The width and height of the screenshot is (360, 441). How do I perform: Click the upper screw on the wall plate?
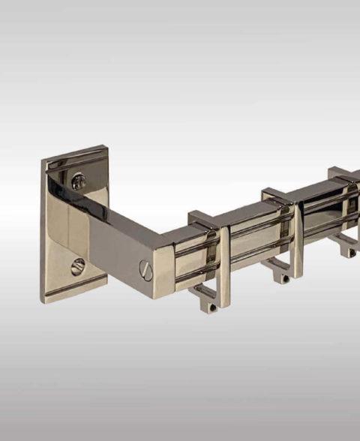point(78,181)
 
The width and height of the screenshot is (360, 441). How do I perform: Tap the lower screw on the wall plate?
point(78,266)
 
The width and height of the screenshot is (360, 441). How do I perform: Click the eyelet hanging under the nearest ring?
point(211,303)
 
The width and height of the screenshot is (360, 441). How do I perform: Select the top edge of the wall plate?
point(75,153)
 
